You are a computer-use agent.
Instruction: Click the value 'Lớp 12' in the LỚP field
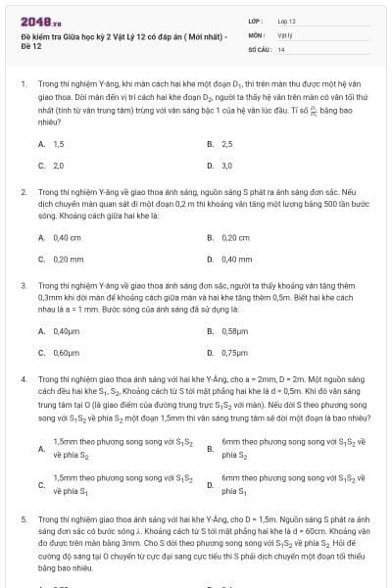pos(287,20)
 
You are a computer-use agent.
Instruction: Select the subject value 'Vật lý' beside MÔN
pos(284,33)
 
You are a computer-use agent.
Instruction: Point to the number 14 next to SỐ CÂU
pos(281,47)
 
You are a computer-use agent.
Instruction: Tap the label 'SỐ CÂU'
pos(259,47)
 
